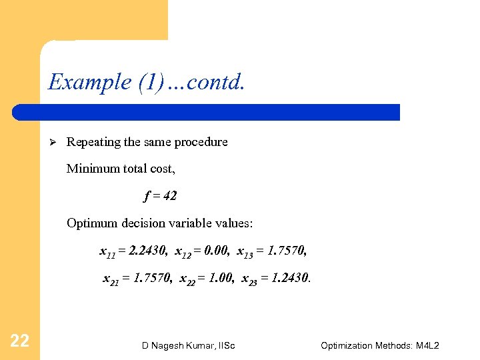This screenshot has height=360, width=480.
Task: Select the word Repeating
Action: [x=94, y=142]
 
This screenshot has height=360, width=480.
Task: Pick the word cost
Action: [x=162, y=169]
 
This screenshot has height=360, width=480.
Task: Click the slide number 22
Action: [x=19, y=341]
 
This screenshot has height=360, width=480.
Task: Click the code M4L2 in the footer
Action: [x=425, y=345]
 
